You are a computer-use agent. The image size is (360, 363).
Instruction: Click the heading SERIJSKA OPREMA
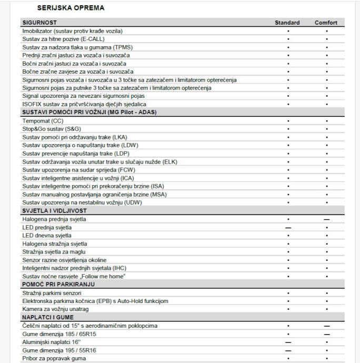click(71, 8)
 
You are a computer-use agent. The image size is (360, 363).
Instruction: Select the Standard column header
click(287, 23)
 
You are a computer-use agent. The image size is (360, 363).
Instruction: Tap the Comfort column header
click(326, 23)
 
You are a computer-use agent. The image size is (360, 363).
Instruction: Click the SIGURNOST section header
click(39, 23)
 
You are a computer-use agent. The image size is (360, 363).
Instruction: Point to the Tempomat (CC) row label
click(43, 121)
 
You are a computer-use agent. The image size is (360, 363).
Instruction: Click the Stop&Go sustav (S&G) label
click(52, 129)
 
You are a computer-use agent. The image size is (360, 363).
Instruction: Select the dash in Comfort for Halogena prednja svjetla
click(327, 219)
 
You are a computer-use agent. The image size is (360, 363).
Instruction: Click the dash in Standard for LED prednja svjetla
click(288, 227)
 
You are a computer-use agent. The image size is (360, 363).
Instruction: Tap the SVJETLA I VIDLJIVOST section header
click(54, 211)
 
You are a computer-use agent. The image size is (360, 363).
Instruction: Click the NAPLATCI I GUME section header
click(47, 317)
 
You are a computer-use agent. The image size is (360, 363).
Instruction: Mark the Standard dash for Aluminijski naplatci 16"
click(288, 342)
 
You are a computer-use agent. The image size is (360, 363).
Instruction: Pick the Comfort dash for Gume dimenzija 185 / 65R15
click(327, 334)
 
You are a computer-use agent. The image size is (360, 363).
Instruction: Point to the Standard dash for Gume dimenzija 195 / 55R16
click(288, 350)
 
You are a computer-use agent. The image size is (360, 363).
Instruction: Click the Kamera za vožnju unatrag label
click(55, 309)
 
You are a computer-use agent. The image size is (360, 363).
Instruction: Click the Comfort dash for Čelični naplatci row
click(327, 326)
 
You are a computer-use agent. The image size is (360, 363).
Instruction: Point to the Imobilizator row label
click(72, 31)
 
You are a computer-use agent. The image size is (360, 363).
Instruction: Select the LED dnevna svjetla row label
click(47, 235)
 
